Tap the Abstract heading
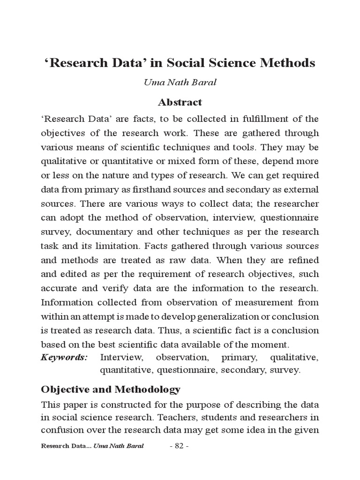point(180,102)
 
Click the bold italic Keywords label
point(65,358)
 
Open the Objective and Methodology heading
point(111,390)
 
